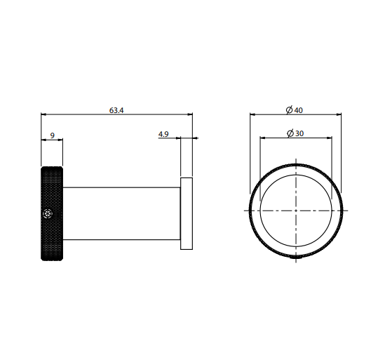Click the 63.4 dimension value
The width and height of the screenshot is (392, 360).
(x=116, y=110)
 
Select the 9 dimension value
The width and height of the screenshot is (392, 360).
(x=53, y=135)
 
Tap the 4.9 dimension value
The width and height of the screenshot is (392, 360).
(x=163, y=134)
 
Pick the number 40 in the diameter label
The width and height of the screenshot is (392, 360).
(x=299, y=110)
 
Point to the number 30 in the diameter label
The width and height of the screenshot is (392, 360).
(x=299, y=133)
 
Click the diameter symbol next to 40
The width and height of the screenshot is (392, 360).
(x=289, y=110)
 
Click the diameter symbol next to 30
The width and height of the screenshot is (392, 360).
(x=290, y=133)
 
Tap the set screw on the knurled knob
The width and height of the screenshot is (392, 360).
(x=48, y=213)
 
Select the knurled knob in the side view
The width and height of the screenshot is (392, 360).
(x=52, y=213)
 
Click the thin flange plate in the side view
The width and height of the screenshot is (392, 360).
(x=187, y=213)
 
